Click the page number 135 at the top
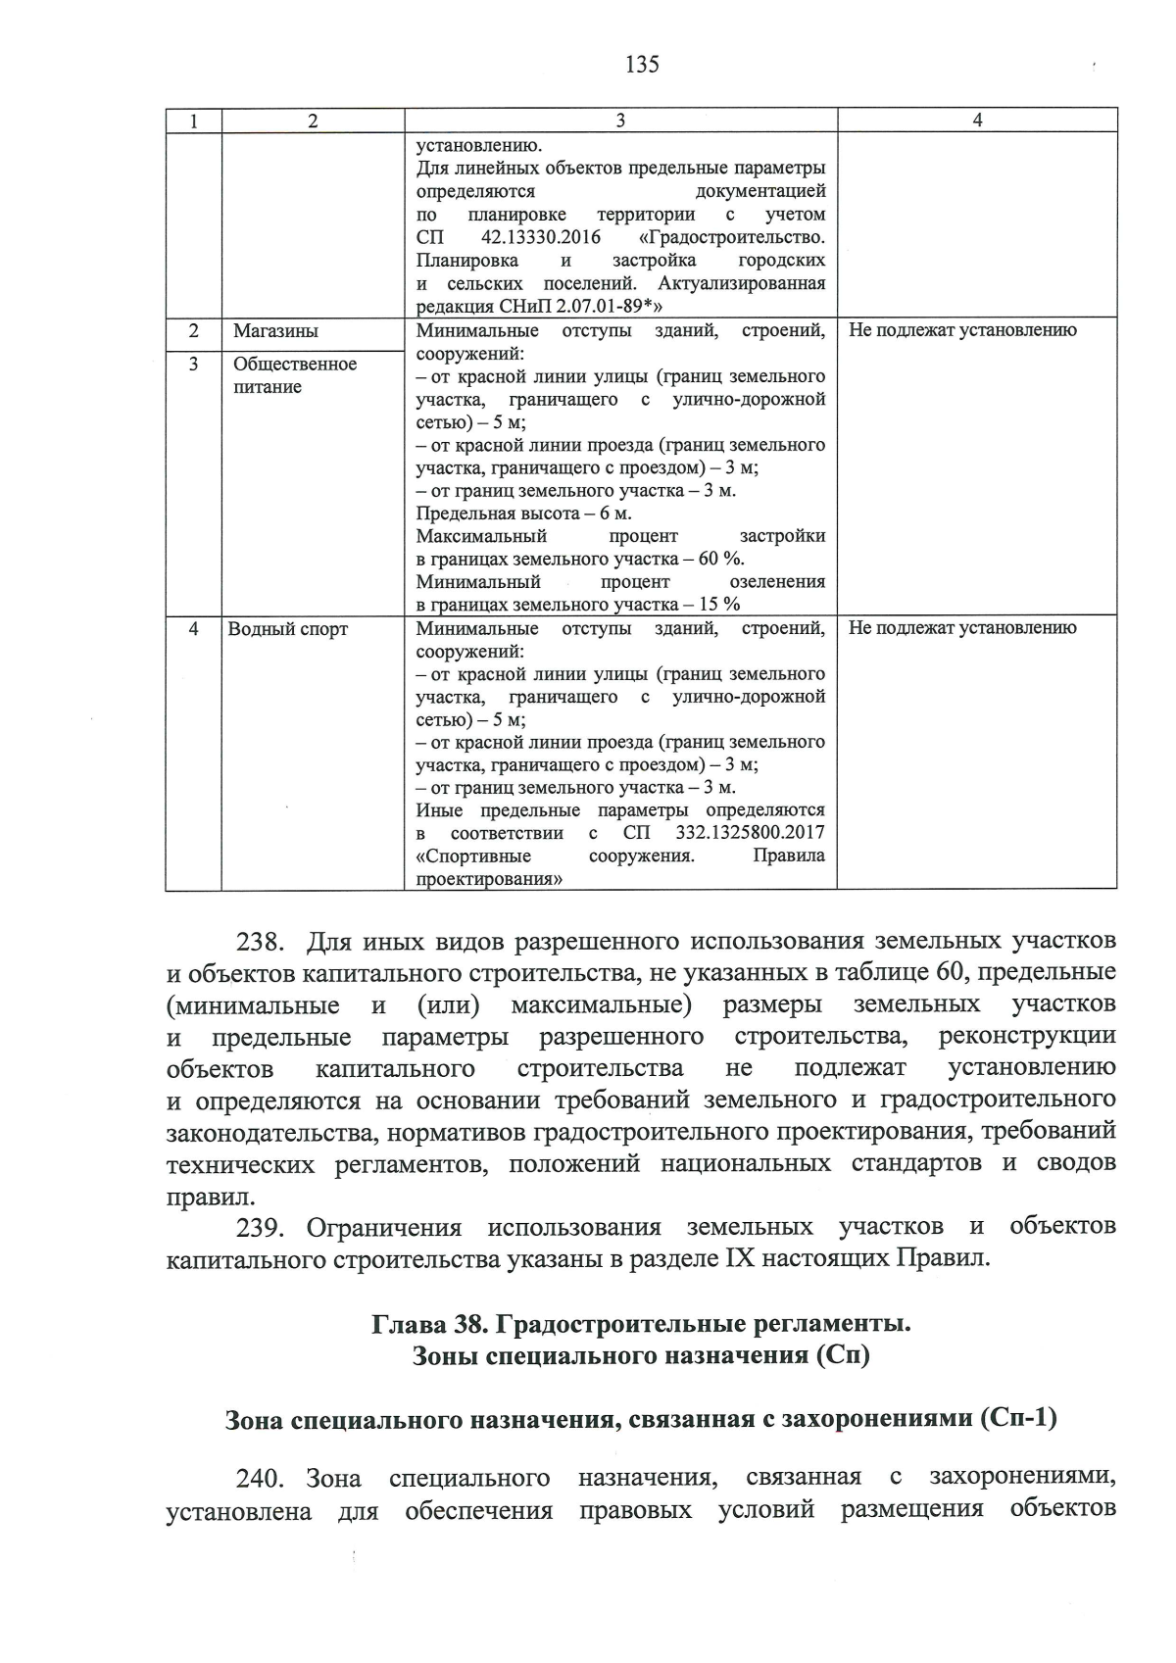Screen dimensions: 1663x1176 tap(642, 65)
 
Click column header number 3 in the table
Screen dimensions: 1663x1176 tap(620, 121)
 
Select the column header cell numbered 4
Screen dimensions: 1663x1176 tap(976, 121)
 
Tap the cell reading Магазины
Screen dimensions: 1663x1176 tap(275, 331)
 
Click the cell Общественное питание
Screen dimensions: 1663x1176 tap(294, 375)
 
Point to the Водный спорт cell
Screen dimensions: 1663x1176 tap(287, 629)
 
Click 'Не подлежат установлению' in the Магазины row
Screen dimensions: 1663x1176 tap(962, 330)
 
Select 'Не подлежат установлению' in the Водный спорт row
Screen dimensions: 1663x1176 tap(962, 628)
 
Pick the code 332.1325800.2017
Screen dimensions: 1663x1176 tap(750, 833)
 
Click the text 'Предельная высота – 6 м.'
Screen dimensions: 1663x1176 tap(523, 514)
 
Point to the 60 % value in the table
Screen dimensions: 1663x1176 tap(721, 559)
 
